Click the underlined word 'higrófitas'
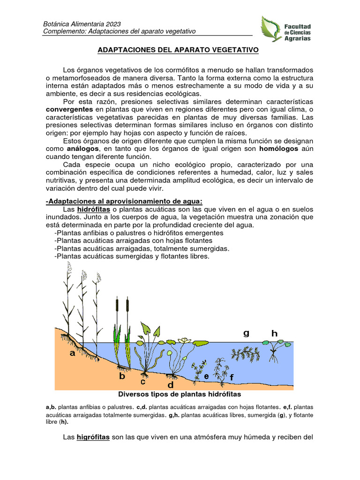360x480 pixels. click(x=93, y=437)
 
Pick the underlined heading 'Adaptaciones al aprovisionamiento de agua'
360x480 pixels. click(x=125, y=201)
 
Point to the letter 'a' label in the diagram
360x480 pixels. click(x=73, y=353)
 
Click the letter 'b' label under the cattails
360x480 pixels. click(x=122, y=375)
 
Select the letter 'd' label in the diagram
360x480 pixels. click(x=171, y=384)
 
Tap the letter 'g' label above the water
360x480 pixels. click(x=246, y=333)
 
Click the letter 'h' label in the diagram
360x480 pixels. click(x=274, y=333)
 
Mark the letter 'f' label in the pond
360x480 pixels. click(x=231, y=377)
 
